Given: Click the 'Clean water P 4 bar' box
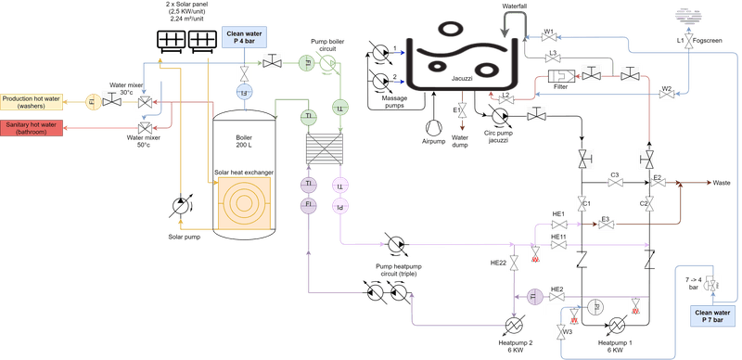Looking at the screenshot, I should (243, 36).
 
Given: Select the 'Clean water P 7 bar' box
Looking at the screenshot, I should (711, 318).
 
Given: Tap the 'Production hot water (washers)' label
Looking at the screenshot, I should (32, 100).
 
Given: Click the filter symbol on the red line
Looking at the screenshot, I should (559, 76).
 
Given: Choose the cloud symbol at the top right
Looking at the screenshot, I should (686, 13).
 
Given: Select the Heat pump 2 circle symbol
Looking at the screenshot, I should (513, 324).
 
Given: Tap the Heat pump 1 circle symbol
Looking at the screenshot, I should (616, 324).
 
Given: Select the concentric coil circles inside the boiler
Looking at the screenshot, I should (244, 205).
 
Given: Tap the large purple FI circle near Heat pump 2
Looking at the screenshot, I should (534, 296).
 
